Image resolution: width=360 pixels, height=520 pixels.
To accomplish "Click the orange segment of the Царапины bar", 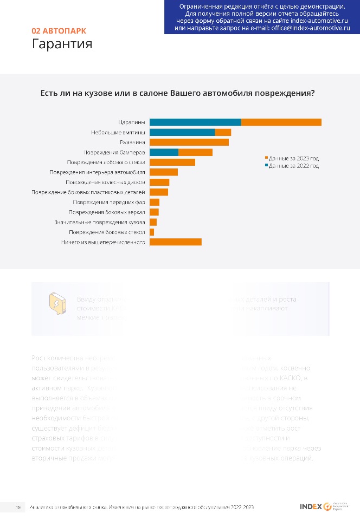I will pos(281,122).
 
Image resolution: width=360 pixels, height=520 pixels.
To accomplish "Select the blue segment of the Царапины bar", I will pos(195,122).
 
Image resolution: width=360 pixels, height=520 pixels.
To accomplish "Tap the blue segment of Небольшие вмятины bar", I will pos(182,132).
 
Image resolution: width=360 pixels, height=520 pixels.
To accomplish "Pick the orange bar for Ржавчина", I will pos(189,142).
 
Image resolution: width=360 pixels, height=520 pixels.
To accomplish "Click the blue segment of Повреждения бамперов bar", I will pos(164,152).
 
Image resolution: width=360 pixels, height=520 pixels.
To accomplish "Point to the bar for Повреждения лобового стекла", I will pos(172,162).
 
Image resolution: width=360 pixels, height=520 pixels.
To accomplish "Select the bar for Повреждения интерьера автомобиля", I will pos(164,172).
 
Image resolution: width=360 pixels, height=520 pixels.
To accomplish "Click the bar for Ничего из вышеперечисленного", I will pos(176,242).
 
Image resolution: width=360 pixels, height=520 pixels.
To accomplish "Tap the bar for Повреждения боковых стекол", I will pos(152,232).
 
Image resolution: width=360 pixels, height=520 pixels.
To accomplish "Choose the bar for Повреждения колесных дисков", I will pos(159,182).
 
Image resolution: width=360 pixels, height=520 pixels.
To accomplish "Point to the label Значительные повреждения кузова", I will pos(99,222).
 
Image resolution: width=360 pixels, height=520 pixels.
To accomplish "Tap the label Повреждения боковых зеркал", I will pos(107,212).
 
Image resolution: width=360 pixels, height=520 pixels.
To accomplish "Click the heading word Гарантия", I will pos(62,43).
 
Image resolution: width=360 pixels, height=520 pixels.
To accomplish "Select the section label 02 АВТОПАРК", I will pos(59,31).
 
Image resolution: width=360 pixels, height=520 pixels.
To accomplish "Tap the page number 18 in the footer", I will pos(18,507).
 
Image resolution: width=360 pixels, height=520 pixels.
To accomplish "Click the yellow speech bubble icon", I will pos(57,304).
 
